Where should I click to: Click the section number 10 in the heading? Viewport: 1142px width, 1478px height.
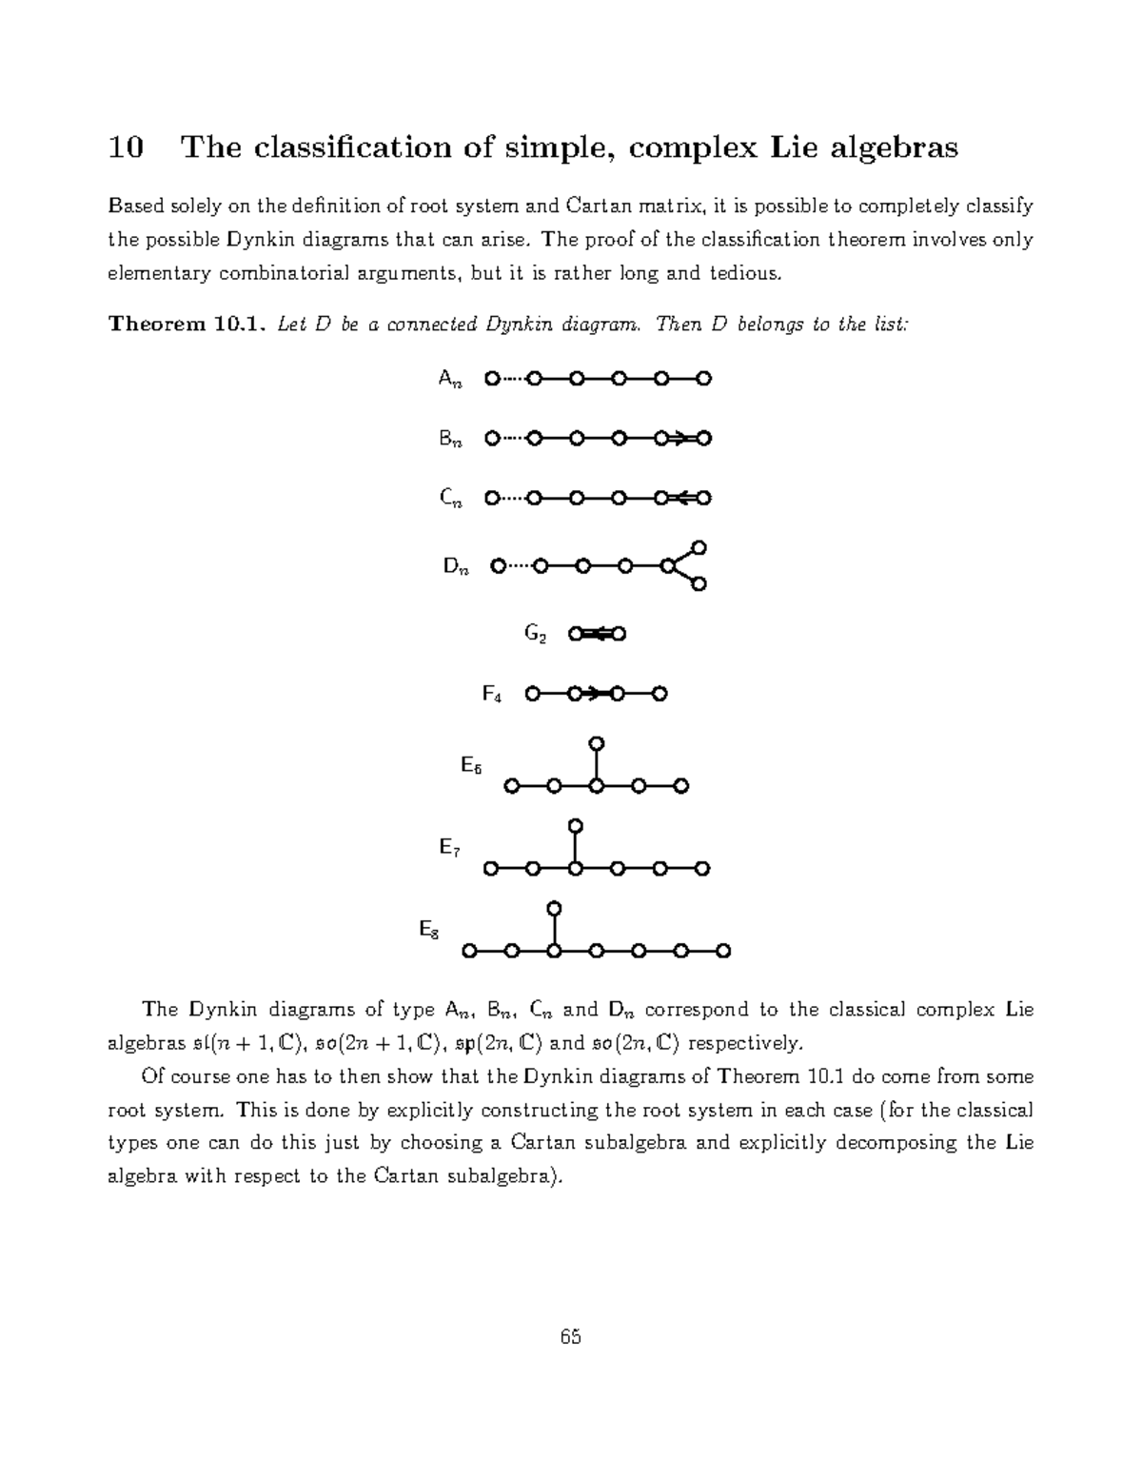pos(126,148)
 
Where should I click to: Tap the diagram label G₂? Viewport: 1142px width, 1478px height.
pos(536,634)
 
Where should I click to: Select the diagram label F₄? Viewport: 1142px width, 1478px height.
pos(491,695)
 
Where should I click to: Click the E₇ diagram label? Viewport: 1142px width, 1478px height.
pos(449,847)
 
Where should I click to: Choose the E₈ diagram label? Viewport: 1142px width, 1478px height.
pos(429,930)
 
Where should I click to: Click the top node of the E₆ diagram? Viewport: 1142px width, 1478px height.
pos(596,743)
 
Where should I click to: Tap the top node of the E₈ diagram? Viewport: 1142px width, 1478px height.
pos(555,908)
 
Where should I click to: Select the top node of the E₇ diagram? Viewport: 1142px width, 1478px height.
pos(574,825)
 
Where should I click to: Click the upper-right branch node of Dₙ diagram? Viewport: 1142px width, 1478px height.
pos(699,547)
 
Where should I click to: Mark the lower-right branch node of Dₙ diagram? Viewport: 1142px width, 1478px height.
pos(699,584)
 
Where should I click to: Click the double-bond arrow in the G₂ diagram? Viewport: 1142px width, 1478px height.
pos(597,634)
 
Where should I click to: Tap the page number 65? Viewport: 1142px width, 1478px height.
pos(571,1337)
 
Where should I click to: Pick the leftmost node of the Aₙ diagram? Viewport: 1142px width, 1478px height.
pos(491,379)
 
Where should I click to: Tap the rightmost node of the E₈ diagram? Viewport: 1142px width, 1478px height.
pos(723,951)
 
